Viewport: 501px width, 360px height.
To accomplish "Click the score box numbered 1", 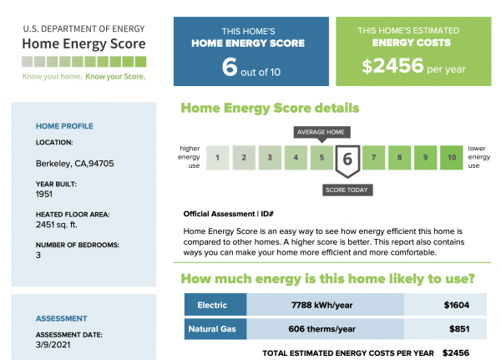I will point(217,156).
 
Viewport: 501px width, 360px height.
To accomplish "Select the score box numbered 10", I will point(452,156).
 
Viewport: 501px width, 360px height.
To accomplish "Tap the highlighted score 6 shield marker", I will point(347,158).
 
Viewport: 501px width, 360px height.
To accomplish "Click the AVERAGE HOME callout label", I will point(321,132).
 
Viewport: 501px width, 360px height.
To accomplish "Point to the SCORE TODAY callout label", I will point(347,190).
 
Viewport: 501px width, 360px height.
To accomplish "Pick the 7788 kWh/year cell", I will point(325,305).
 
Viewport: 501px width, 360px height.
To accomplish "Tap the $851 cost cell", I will point(455,329).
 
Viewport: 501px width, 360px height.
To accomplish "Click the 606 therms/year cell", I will point(325,329).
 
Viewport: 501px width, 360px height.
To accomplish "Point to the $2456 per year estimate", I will point(414,66).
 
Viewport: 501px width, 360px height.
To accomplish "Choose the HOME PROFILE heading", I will point(64,126).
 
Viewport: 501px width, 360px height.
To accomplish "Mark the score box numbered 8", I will point(400,156).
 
